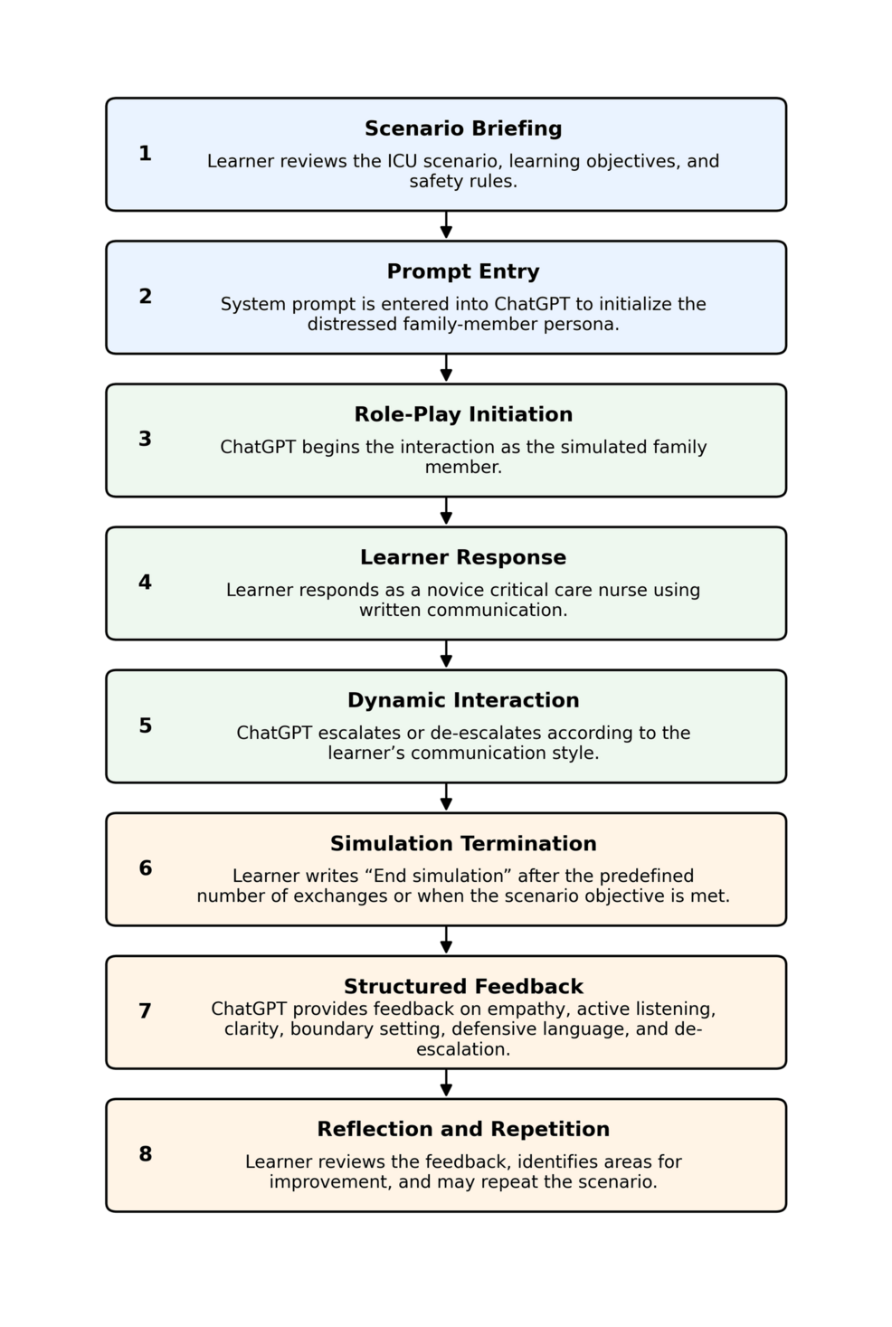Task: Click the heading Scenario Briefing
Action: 463,128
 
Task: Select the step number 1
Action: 145,154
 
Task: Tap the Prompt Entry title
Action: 463,271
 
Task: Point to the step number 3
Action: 145,439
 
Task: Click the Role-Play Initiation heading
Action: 463,414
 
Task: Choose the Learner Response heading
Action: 463,557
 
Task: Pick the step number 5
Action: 145,725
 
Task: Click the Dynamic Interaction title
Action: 463,700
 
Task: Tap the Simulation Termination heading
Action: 463,844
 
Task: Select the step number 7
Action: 145,1010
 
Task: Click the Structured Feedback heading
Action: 463,986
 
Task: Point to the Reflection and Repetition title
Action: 463,1129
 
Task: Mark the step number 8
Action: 145,1154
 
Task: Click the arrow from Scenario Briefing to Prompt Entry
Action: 446,225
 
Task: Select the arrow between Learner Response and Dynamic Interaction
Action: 446,654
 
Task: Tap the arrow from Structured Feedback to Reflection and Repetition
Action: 446,1084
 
